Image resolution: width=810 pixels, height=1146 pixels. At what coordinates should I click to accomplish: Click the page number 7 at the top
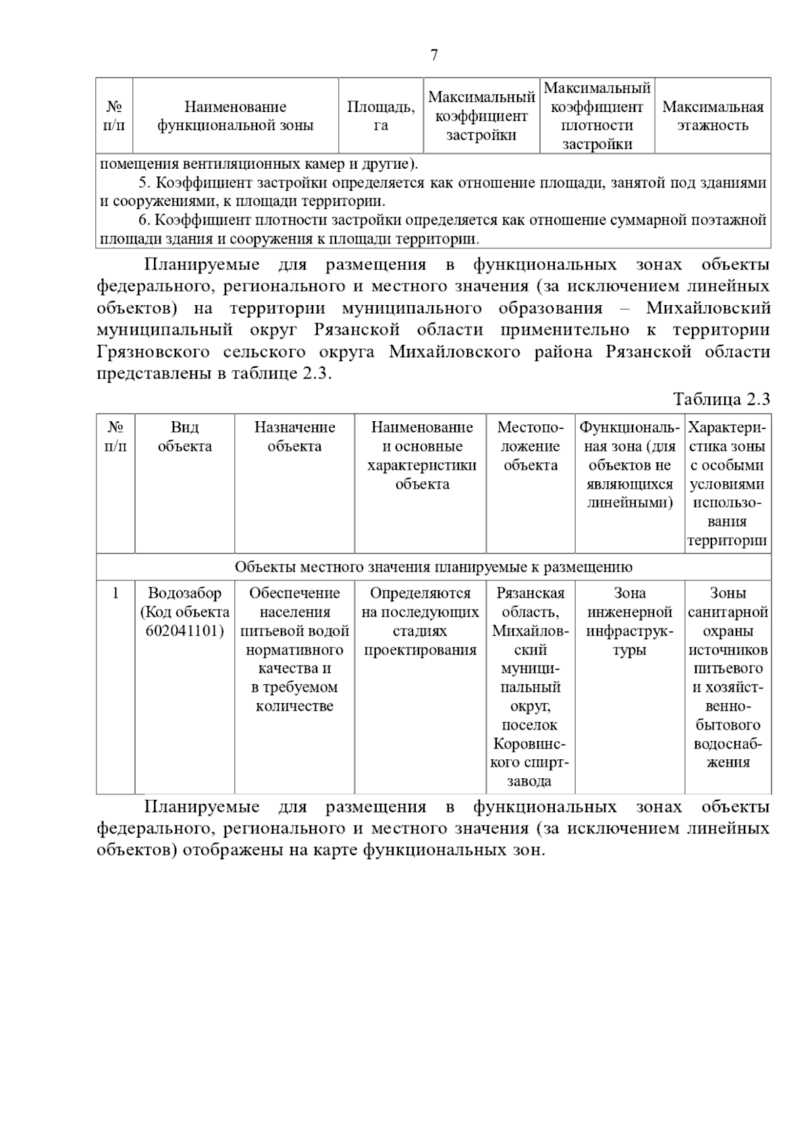434,55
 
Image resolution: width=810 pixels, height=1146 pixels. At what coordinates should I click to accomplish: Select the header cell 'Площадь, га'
381,115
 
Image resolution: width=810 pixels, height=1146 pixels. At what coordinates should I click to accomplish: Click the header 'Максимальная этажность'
713,115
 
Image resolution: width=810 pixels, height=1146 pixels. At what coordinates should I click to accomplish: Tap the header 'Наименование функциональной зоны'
235,115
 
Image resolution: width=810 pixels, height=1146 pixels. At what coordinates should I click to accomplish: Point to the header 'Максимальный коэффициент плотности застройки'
597,115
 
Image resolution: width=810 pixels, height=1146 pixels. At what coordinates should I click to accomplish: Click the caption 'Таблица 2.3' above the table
721,399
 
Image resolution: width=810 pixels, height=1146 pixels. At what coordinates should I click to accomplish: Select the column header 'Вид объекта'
184,437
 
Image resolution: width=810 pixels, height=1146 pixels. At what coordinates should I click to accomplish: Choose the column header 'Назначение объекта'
294,437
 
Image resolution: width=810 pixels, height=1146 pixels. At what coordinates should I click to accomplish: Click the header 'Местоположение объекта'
530,445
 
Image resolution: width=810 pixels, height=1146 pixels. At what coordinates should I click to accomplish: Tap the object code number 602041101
184,631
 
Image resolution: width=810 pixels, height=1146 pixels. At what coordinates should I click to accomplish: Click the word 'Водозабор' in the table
184,593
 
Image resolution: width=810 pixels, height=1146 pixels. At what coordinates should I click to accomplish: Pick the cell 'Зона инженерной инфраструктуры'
629,621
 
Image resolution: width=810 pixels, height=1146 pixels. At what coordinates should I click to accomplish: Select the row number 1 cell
115,593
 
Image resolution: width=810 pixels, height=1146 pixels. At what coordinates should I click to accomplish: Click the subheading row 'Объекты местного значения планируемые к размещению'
433,567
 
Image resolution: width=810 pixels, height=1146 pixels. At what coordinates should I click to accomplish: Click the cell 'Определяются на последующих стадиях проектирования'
420,621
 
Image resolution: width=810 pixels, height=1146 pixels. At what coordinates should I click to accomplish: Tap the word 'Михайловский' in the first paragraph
707,308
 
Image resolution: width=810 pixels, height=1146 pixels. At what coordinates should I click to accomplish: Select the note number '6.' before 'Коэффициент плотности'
143,220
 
